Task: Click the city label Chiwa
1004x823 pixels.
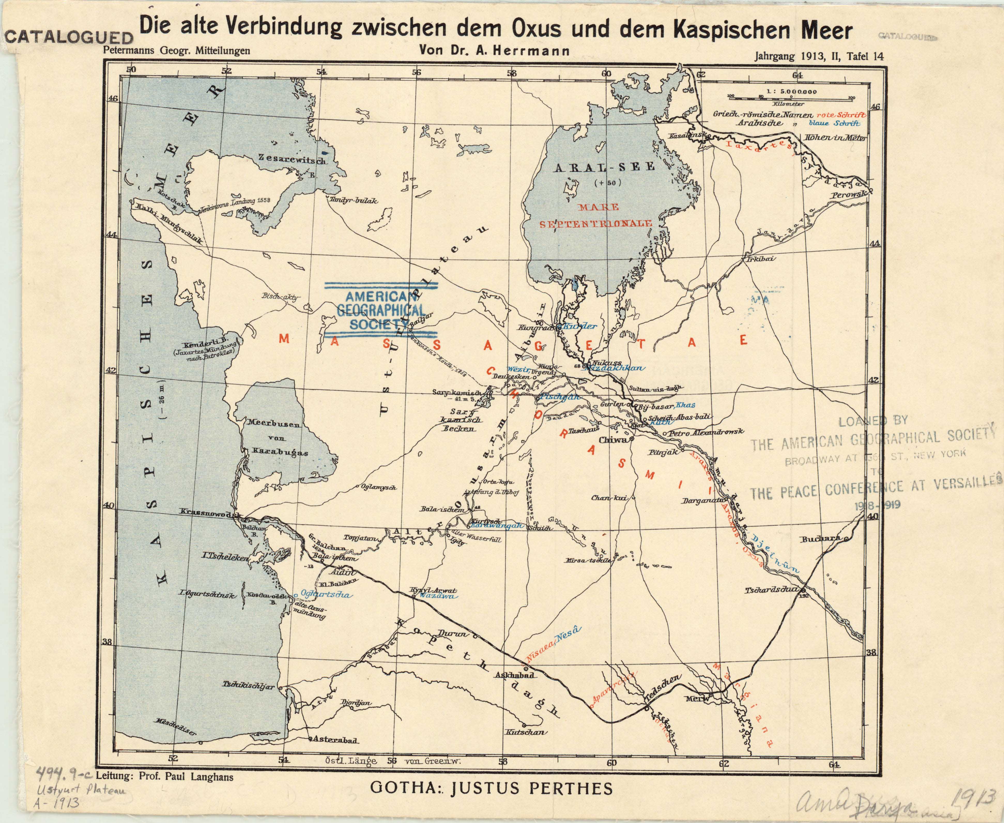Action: (x=613, y=440)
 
